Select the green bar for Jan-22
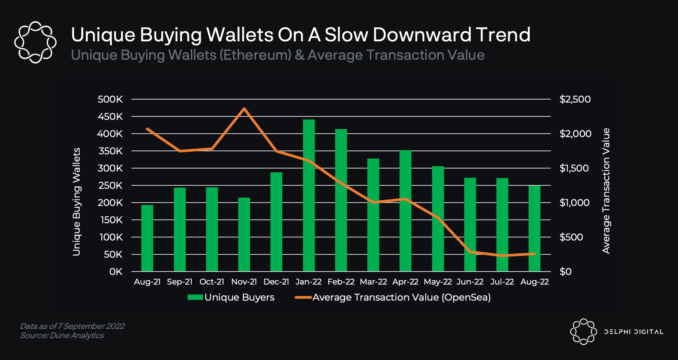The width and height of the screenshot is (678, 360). click(x=309, y=195)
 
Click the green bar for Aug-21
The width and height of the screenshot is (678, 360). click(x=147, y=238)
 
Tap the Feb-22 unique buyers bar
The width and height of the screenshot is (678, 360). click(x=341, y=200)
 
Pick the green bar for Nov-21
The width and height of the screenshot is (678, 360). click(x=244, y=234)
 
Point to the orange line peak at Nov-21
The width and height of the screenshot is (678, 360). click(x=244, y=109)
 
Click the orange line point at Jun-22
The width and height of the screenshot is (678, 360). click(x=470, y=252)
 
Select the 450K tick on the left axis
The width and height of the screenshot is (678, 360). click(x=110, y=116)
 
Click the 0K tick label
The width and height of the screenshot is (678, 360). click(x=116, y=272)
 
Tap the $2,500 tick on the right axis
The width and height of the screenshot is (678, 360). click(x=575, y=99)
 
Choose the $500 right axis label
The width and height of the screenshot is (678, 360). click(x=571, y=237)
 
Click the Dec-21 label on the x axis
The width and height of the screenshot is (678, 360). click(x=276, y=282)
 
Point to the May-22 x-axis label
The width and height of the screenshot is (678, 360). click(x=437, y=282)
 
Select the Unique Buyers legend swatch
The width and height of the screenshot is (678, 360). click(x=195, y=298)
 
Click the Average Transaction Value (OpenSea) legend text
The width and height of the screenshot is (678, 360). click(x=401, y=298)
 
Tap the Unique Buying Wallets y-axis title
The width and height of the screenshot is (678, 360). click(x=77, y=201)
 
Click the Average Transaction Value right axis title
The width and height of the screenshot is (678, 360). click(x=606, y=191)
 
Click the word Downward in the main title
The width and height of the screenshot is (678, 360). click(x=422, y=35)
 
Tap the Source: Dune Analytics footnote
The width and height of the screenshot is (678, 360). click(x=62, y=335)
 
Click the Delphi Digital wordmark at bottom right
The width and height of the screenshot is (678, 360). click(x=634, y=332)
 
